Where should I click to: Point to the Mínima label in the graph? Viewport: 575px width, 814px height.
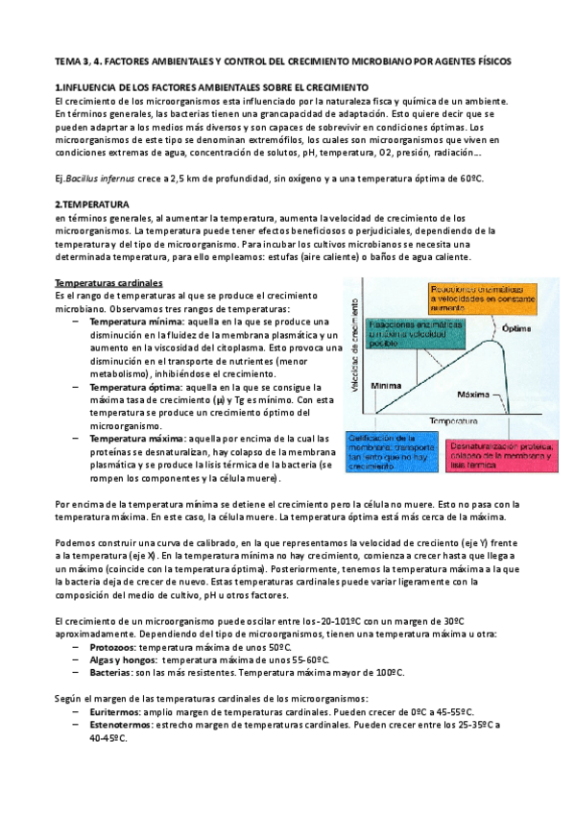pos(386,381)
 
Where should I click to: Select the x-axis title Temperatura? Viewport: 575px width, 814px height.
pos(455,421)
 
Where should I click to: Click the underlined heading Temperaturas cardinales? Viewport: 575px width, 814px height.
pos(108,284)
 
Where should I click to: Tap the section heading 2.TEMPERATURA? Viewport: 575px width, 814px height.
pos(92,204)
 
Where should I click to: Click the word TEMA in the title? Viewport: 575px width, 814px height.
pos(68,60)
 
